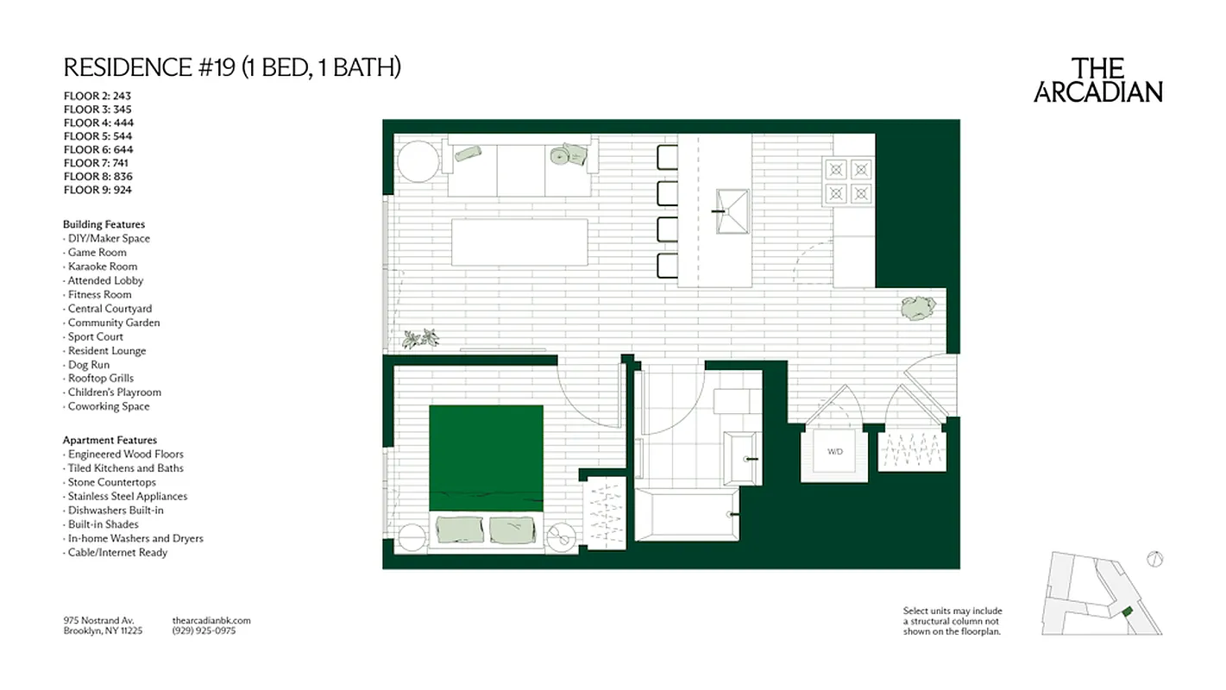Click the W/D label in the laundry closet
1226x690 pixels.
click(x=834, y=451)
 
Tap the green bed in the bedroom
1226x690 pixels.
click(x=486, y=458)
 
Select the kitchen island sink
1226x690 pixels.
click(x=731, y=210)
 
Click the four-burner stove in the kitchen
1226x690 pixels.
click(x=847, y=181)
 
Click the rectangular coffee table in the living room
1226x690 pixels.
click(x=520, y=242)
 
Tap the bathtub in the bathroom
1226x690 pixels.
click(x=687, y=514)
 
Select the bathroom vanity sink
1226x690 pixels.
click(x=742, y=459)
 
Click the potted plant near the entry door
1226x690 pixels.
click(x=918, y=308)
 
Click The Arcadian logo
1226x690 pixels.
click(x=1097, y=80)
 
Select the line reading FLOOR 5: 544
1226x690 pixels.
click(x=97, y=136)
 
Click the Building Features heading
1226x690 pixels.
click(x=104, y=224)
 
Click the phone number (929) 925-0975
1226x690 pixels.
click(x=204, y=630)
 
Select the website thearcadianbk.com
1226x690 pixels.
click(x=211, y=620)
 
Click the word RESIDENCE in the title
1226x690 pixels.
click(x=120, y=67)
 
